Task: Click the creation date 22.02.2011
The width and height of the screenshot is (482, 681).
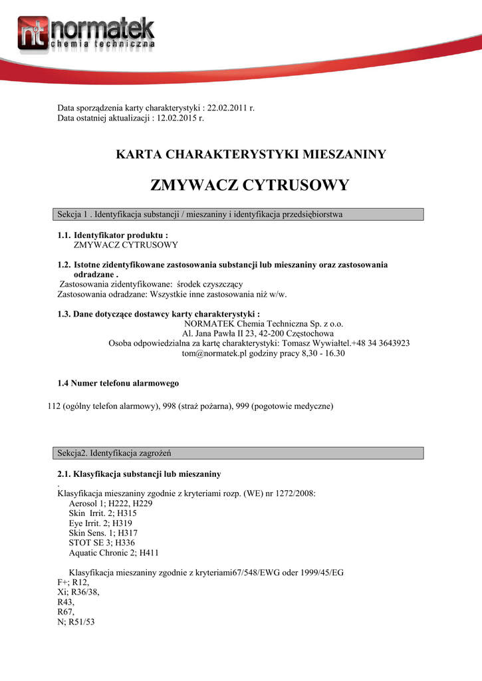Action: point(228,108)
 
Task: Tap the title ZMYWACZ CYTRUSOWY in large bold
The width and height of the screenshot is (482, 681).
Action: point(250,185)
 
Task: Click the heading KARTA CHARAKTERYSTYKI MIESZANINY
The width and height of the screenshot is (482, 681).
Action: point(251,155)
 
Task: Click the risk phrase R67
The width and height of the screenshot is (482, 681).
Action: point(66,612)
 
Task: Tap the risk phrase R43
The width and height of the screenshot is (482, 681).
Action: point(66,602)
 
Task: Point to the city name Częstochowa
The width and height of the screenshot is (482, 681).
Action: point(310,333)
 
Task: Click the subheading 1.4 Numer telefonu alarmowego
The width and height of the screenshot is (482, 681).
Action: point(118,383)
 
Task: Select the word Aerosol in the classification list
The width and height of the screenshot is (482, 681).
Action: point(84,503)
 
